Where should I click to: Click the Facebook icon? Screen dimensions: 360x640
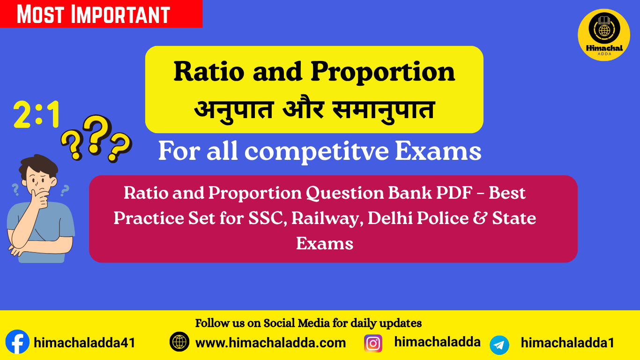(x=17, y=343)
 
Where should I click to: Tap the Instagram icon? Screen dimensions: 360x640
(x=373, y=343)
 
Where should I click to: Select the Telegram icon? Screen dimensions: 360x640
(x=499, y=345)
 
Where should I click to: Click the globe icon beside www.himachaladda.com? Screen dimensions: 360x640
(x=179, y=342)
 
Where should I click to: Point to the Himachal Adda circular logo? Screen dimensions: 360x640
(x=603, y=35)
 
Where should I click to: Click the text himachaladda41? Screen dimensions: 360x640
(x=84, y=343)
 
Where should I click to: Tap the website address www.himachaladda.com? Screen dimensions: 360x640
(x=270, y=343)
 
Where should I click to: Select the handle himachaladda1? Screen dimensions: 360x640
(x=567, y=343)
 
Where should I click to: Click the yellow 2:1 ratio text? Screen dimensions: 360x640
(x=37, y=115)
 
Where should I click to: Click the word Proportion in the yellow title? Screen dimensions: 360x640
(x=383, y=72)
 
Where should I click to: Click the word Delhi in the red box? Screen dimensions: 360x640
(x=387, y=218)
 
